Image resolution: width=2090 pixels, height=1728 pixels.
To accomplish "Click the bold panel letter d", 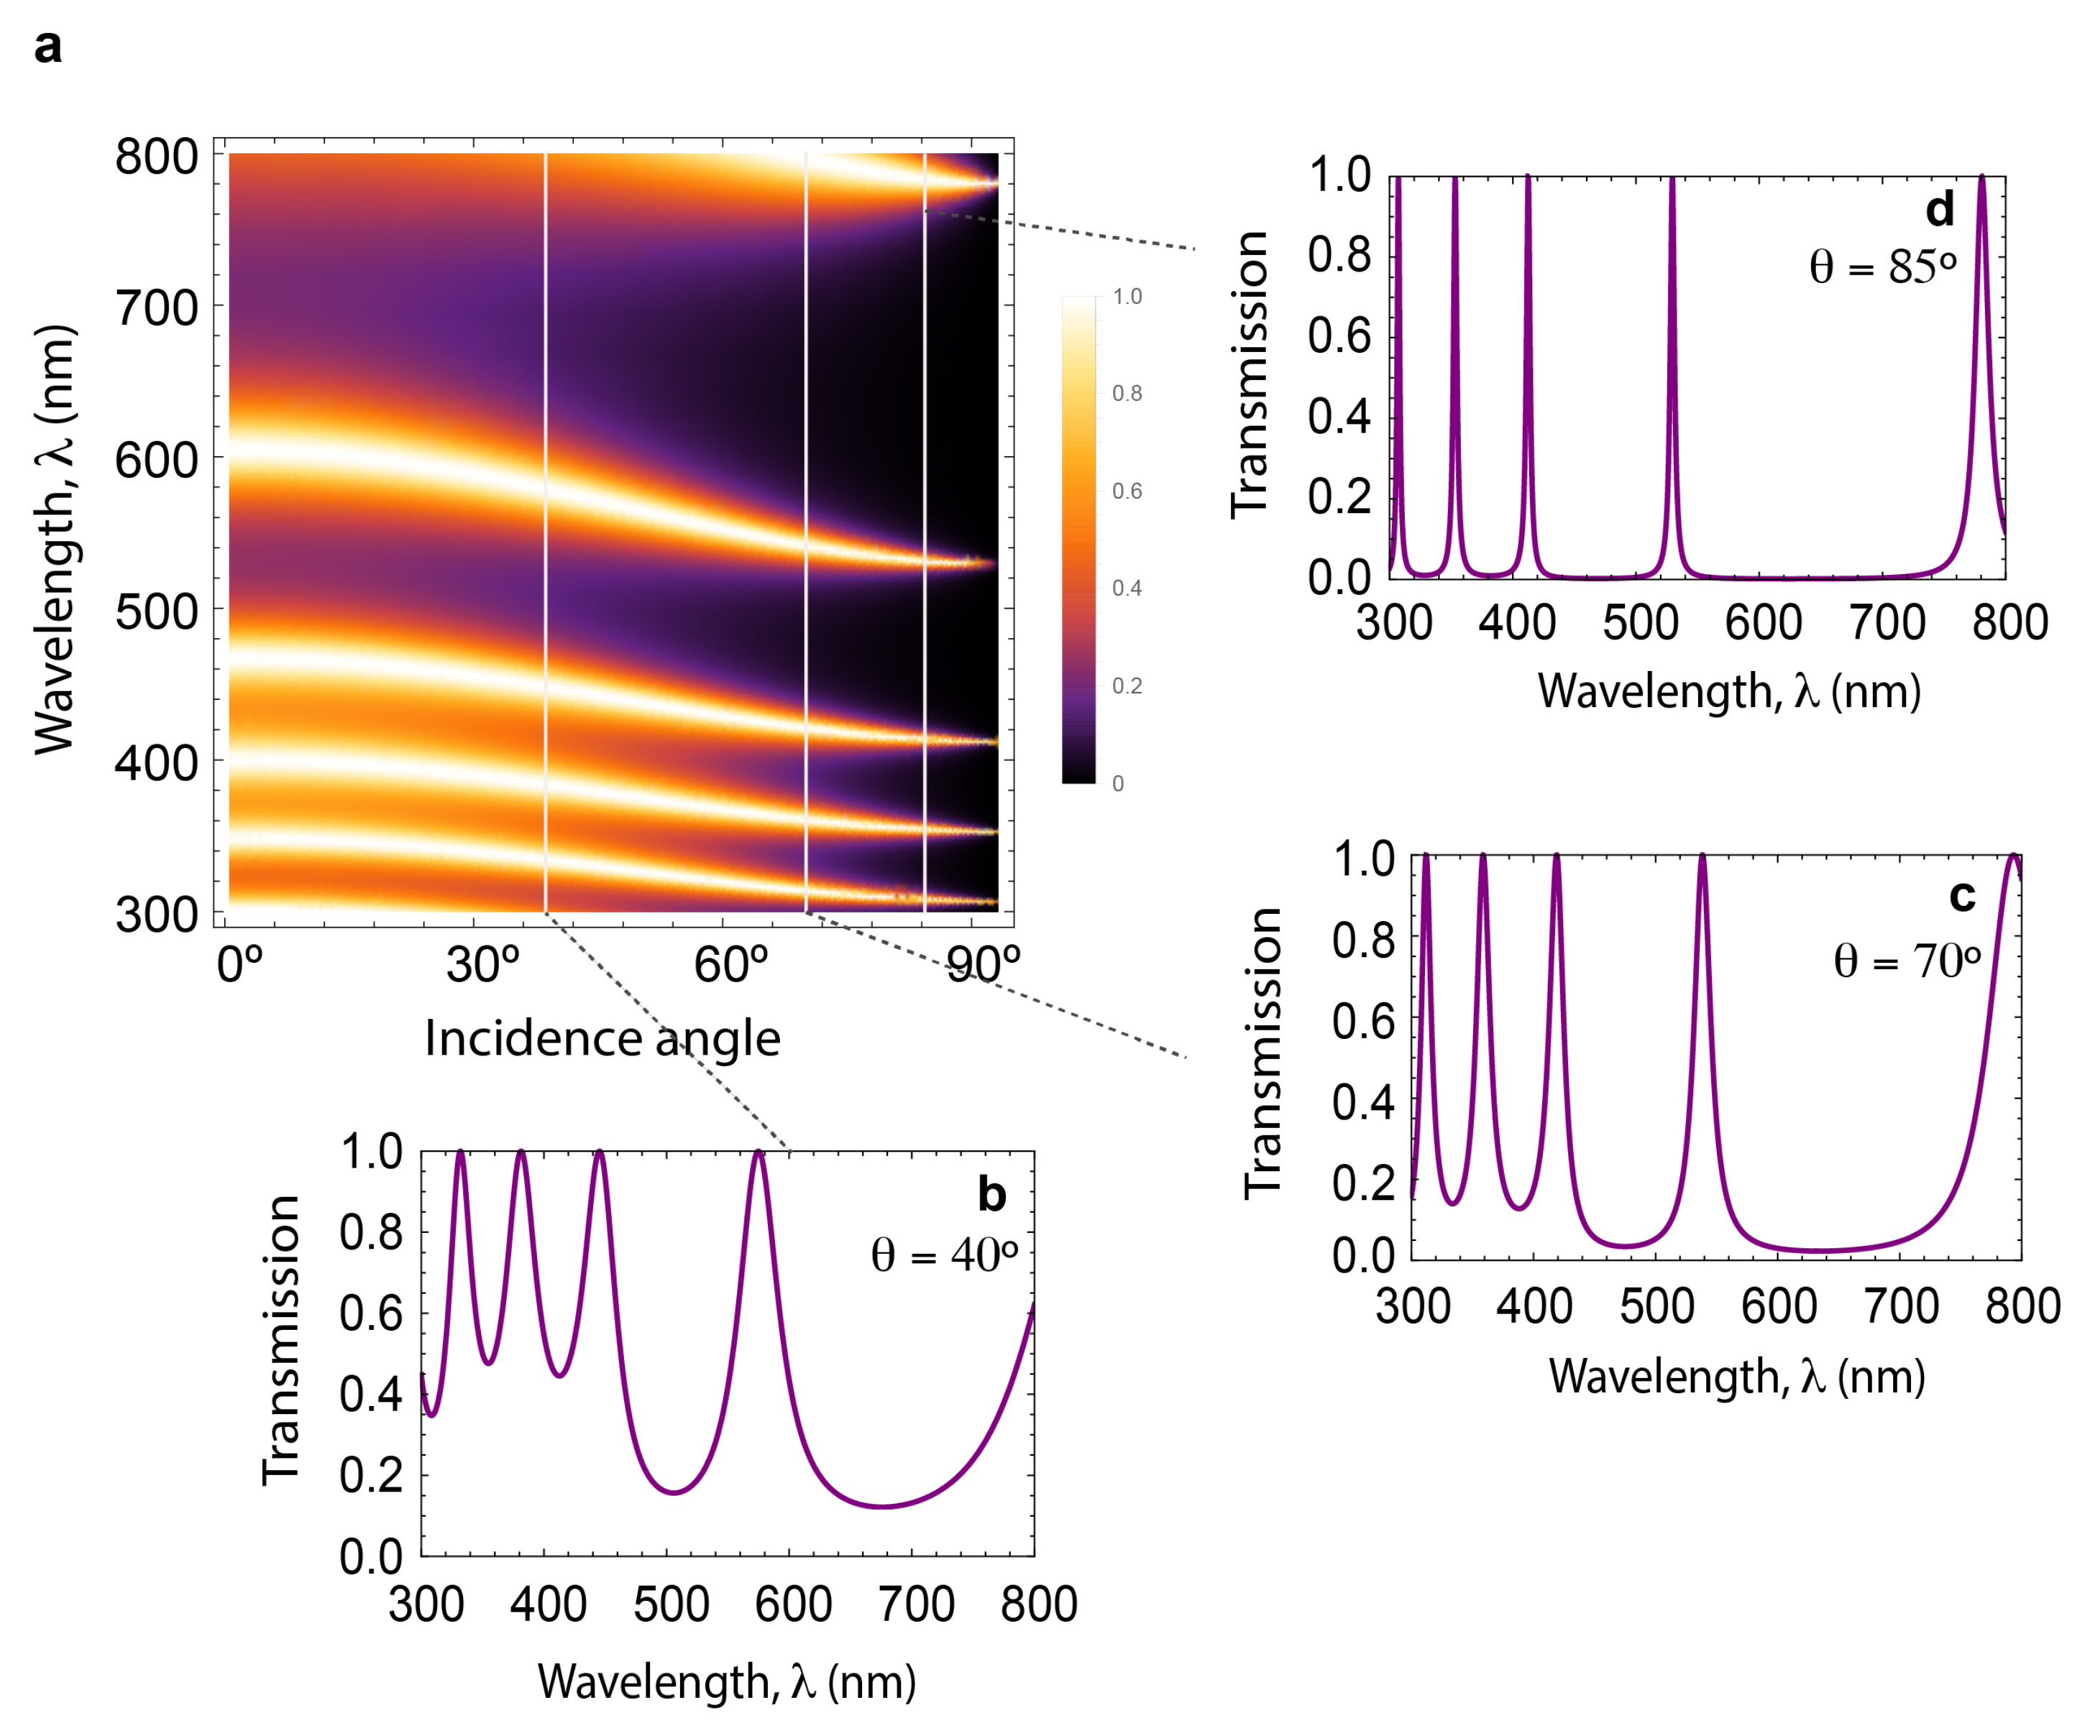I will pyautogui.click(x=1940, y=210).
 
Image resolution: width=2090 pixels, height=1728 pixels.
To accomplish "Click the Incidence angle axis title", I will pyautogui.click(x=602, y=1038).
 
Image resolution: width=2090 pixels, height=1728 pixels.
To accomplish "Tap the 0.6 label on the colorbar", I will pyautogui.click(x=1127, y=491).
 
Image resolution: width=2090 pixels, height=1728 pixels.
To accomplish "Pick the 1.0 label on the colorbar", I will pyautogui.click(x=1127, y=297).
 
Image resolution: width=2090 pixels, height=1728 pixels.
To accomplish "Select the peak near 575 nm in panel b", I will pyautogui.click(x=759, y=1154).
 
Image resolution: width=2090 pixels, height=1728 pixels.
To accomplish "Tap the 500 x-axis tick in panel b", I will pyautogui.click(x=672, y=1604).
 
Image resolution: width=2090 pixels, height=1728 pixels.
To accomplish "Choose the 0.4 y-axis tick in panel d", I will pyautogui.click(x=1339, y=416).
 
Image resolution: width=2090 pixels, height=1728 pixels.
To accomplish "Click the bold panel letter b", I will pyautogui.click(x=991, y=1193).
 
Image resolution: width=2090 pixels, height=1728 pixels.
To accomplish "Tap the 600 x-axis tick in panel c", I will pyautogui.click(x=1779, y=1306).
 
